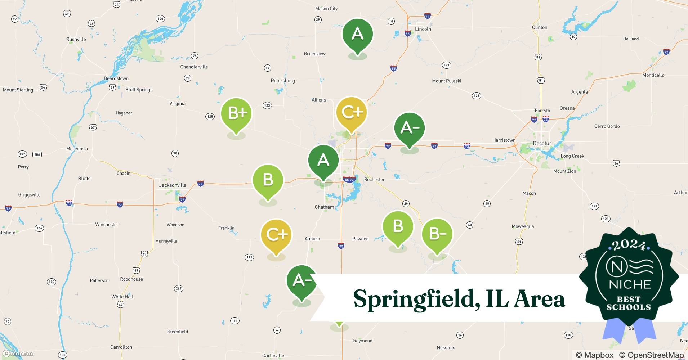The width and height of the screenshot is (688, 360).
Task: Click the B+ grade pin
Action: click(x=236, y=114)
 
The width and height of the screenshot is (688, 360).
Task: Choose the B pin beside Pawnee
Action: click(x=398, y=226)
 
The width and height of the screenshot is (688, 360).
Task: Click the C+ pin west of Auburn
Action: click(x=276, y=235)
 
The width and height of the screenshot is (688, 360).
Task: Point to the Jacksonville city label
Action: click(x=173, y=185)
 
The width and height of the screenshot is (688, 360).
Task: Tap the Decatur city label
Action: click(x=542, y=143)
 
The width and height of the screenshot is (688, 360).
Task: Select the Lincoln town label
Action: click(x=423, y=29)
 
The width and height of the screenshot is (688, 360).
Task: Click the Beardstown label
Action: click(x=116, y=78)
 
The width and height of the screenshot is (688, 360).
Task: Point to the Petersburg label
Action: click(x=283, y=81)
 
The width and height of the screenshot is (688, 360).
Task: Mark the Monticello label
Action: click(x=653, y=75)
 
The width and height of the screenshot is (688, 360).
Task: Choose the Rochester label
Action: click(x=374, y=179)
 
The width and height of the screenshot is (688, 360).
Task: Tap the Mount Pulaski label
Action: click(x=446, y=81)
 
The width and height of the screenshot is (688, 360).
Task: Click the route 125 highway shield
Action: click(x=210, y=116)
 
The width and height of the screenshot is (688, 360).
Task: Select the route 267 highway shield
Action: click(x=178, y=288)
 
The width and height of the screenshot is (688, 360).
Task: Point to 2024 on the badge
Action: click(x=629, y=245)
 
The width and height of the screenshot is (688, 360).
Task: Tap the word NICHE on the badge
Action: click(x=630, y=284)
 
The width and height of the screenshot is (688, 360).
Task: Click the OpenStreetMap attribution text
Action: click(x=651, y=355)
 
